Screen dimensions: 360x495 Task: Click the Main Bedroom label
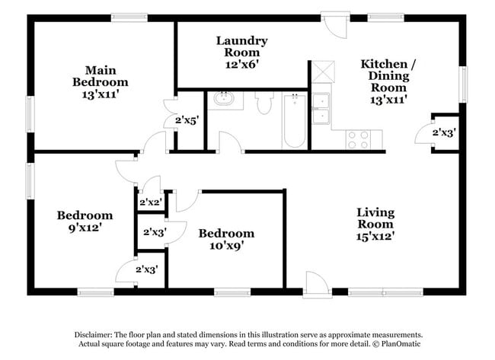click(101, 81)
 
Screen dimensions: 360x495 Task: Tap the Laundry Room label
click(241, 53)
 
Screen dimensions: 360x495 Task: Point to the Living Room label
click(375, 225)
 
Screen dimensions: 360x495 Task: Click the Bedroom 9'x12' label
click(85, 221)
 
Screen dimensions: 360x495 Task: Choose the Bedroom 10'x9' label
click(226, 239)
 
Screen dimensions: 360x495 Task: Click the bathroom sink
click(225, 99)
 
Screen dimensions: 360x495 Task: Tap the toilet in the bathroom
click(265, 102)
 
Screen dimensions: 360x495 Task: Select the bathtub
click(294, 120)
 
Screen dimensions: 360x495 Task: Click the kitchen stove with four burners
click(359, 139)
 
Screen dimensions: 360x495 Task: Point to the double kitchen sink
click(321, 108)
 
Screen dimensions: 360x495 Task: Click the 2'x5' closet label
click(187, 119)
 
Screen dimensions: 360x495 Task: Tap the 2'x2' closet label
click(150, 202)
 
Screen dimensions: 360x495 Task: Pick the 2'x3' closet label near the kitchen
click(444, 132)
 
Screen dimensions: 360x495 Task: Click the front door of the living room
click(315, 285)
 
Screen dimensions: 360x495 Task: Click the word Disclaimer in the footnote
click(93, 335)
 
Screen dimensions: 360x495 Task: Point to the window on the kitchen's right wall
click(462, 84)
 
